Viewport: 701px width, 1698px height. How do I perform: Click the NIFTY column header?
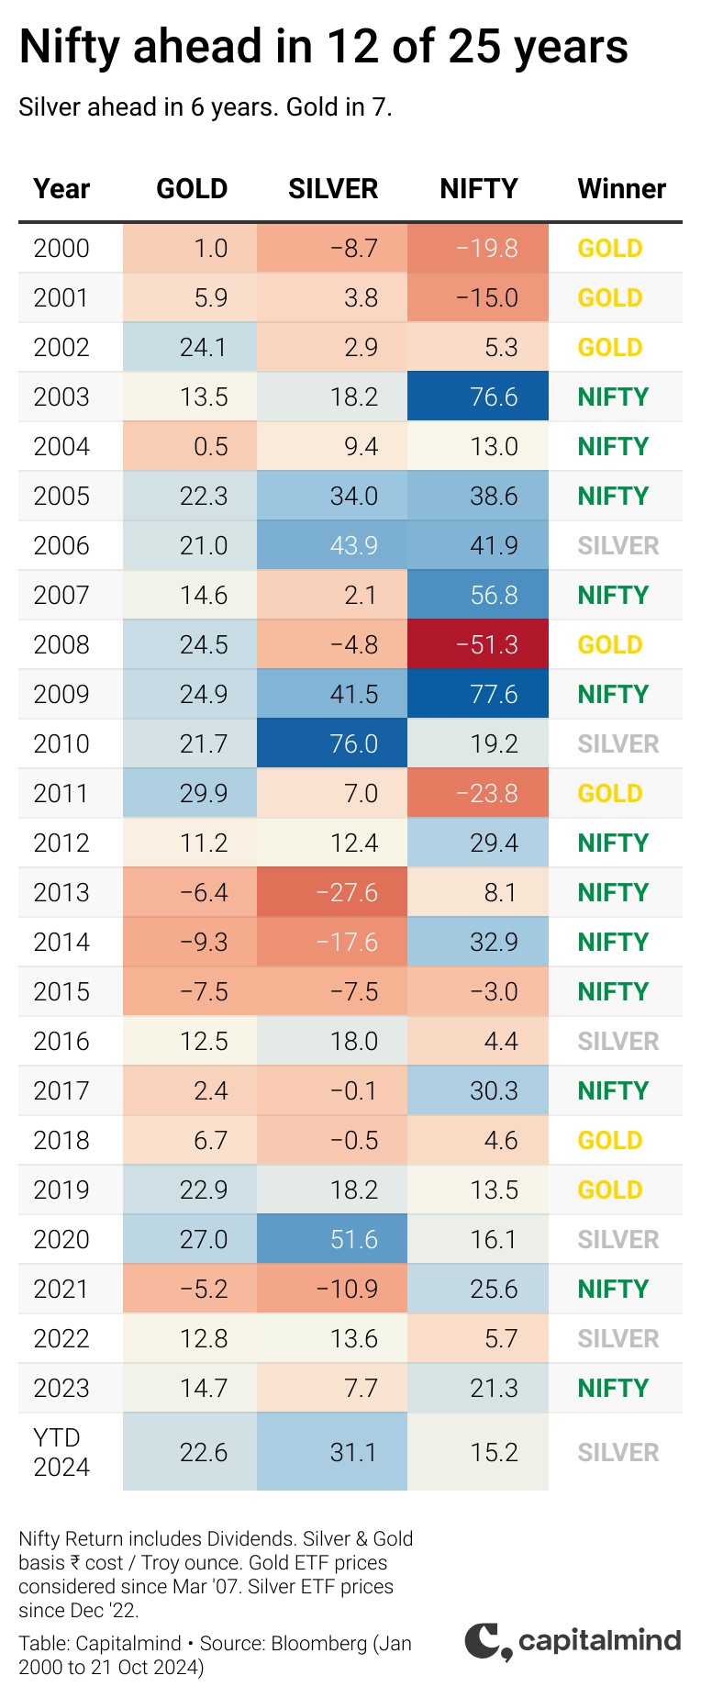(x=478, y=188)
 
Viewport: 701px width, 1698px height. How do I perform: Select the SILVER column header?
(x=333, y=188)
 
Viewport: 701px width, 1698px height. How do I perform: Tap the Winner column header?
(x=621, y=188)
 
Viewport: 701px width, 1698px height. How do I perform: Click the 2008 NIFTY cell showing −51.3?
(x=478, y=644)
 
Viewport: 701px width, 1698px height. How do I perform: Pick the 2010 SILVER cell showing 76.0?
(x=332, y=743)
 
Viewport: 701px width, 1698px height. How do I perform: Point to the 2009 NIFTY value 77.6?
(x=494, y=694)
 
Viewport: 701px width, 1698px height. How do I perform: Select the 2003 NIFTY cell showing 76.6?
(x=478, y=397)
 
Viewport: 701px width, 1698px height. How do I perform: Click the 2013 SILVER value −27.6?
(x=347, y=892)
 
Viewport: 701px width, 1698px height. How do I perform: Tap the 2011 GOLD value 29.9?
(x=204, y=793)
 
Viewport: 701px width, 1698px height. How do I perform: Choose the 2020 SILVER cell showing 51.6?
(x=332, y=1239)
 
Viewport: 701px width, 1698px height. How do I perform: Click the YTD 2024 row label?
(x=61, y=1452)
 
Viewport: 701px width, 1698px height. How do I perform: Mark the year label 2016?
(x=61, y=1041)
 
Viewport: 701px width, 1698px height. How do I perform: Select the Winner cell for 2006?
(x=618, y=545)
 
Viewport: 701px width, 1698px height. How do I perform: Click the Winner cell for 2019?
(x=609, y=1190)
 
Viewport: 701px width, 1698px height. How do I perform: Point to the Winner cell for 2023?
(x=613, y=1388)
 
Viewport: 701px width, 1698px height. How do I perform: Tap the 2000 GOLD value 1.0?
(x=211, y=248)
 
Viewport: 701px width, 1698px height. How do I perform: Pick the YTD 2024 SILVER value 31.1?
(x=353, y=1452)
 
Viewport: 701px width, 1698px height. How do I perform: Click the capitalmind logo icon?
(x=488, y=1642)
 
